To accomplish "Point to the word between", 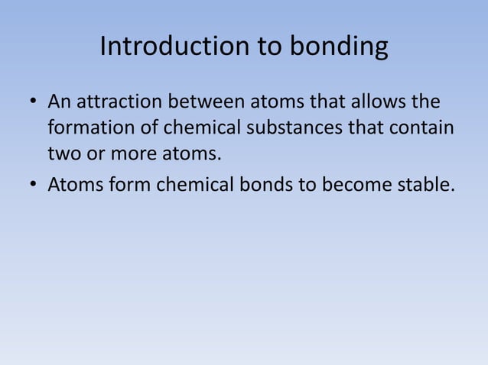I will [x=213, y=102].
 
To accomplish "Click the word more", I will [x=132, y=155].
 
